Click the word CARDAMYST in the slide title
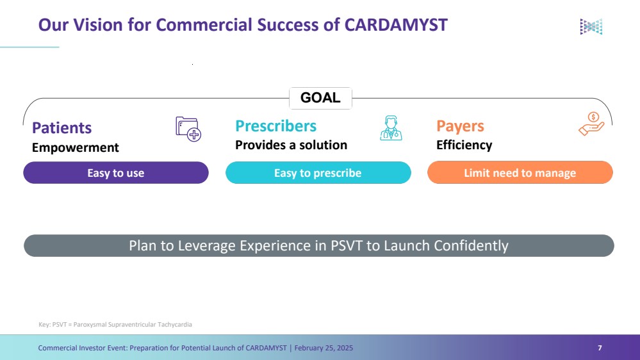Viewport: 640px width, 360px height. (x=396, y=25)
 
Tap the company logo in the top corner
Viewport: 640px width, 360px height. (x=591, y=27)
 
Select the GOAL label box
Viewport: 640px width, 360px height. (x=320, y=98)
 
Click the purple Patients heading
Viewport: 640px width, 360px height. (x=62, y=127)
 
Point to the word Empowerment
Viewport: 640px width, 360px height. (x=76, y=147)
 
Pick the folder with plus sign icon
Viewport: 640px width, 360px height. (x=188, y=129)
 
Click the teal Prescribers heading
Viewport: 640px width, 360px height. (x=276, y=126)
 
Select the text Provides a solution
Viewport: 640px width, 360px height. (x=291, y=145)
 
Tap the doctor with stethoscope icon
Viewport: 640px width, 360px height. (x=391, y=128)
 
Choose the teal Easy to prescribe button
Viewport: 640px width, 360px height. (x=318, y=173)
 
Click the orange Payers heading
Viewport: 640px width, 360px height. (x=460, y=126)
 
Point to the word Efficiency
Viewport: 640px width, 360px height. (x=464, y=145)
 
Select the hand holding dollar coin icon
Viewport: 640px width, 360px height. (x=591, y=124)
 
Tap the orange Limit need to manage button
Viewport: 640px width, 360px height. (x=520, y=173)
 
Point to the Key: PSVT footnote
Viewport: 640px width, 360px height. (x=115, y=325)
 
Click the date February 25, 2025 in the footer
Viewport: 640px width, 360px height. (x=324, y=348)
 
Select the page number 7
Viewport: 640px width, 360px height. (x=600, y=348)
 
